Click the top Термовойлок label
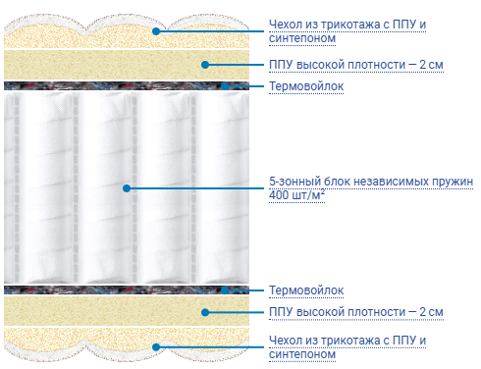[306, 86]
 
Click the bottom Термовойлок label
[306, 290]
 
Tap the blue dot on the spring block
[127, 188]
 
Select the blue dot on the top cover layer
[156, 31]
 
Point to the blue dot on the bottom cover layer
[156, 347]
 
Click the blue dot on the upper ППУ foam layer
[205, 65]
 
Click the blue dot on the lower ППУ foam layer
[205, 312]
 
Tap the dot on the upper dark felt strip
[225, 86]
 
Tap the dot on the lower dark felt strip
[225, 290]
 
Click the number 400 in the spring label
[279, 195]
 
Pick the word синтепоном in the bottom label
[302, 354]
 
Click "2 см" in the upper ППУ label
[431, 65]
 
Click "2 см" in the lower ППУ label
[431, 312]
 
